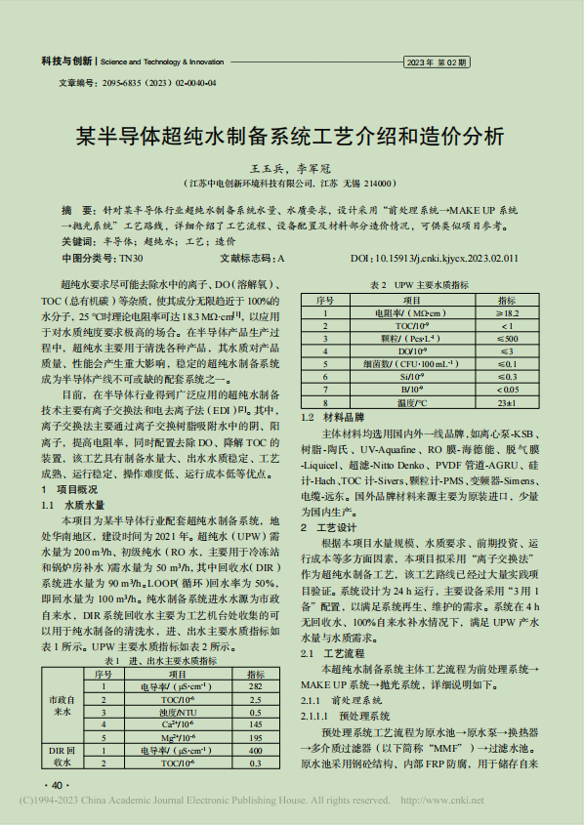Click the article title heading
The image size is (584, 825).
[291, 134]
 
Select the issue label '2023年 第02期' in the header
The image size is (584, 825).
[437, 62]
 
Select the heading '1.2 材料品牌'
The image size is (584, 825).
[335, 417]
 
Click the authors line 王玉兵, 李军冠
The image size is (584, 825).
[291, 168]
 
